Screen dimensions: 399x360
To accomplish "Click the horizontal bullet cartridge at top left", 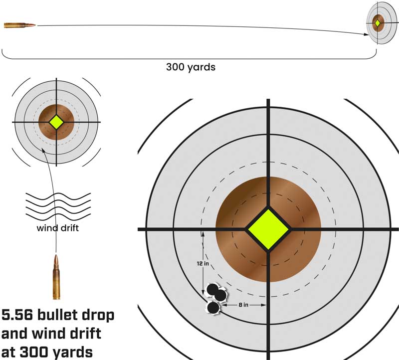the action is pos(19,25).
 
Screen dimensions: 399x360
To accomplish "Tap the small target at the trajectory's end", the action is pos(378,23).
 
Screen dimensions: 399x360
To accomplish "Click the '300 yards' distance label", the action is pos(191,66).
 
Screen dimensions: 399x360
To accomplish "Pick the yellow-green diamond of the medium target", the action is pos(56,122).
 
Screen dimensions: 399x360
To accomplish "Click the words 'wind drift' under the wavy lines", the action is pos(56,229).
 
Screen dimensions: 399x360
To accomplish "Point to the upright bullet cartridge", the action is pos(56,277).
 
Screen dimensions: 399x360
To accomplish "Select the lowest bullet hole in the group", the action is pos(213,309).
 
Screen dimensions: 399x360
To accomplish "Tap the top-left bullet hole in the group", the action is pos(212,289).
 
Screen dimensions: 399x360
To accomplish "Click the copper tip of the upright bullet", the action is pos(56,259).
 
